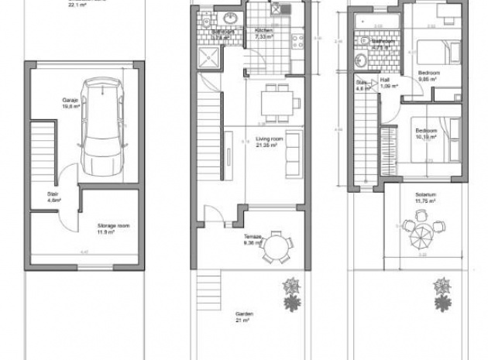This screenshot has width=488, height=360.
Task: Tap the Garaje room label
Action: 72,100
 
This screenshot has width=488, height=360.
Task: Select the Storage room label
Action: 113,225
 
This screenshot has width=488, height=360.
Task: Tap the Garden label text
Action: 245,314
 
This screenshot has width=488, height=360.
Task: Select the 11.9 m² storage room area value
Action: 112,231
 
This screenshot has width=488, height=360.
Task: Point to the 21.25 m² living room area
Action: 268,145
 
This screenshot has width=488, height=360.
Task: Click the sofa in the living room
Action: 294,158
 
